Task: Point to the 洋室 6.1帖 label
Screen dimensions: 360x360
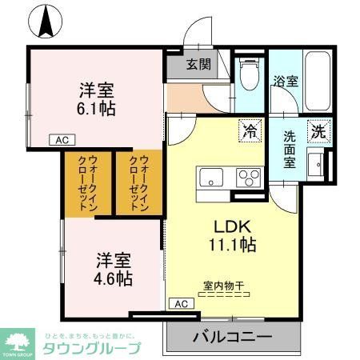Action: pyautogui.click(x=97, y=98)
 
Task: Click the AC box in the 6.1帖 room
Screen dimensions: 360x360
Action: pyautogui.click(x=62, y=139)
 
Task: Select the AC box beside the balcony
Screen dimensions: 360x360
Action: pyautogui.click(x=181, y=304)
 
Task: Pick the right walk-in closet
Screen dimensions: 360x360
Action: pyautogui.click(x=138, y=183)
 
